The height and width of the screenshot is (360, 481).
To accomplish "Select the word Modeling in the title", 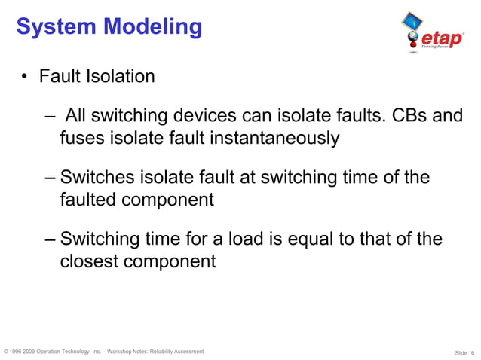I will point(153,28).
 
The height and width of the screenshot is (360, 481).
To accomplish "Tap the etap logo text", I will point(442,37).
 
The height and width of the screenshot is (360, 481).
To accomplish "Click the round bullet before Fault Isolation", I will point(25,77).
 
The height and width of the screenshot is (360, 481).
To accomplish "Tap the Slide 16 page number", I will point(464,352).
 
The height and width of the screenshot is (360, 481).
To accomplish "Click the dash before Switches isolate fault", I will point(50,178).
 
